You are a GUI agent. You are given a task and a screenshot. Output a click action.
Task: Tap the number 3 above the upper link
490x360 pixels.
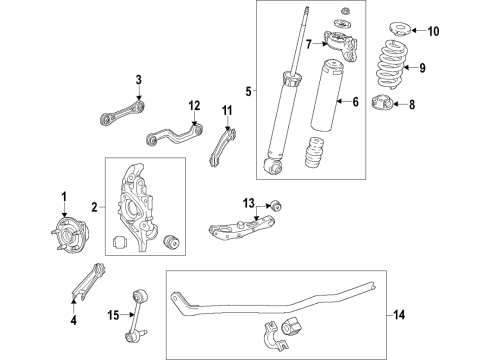point(140,80)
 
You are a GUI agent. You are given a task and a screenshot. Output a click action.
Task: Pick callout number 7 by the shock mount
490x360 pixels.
point(309,43)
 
